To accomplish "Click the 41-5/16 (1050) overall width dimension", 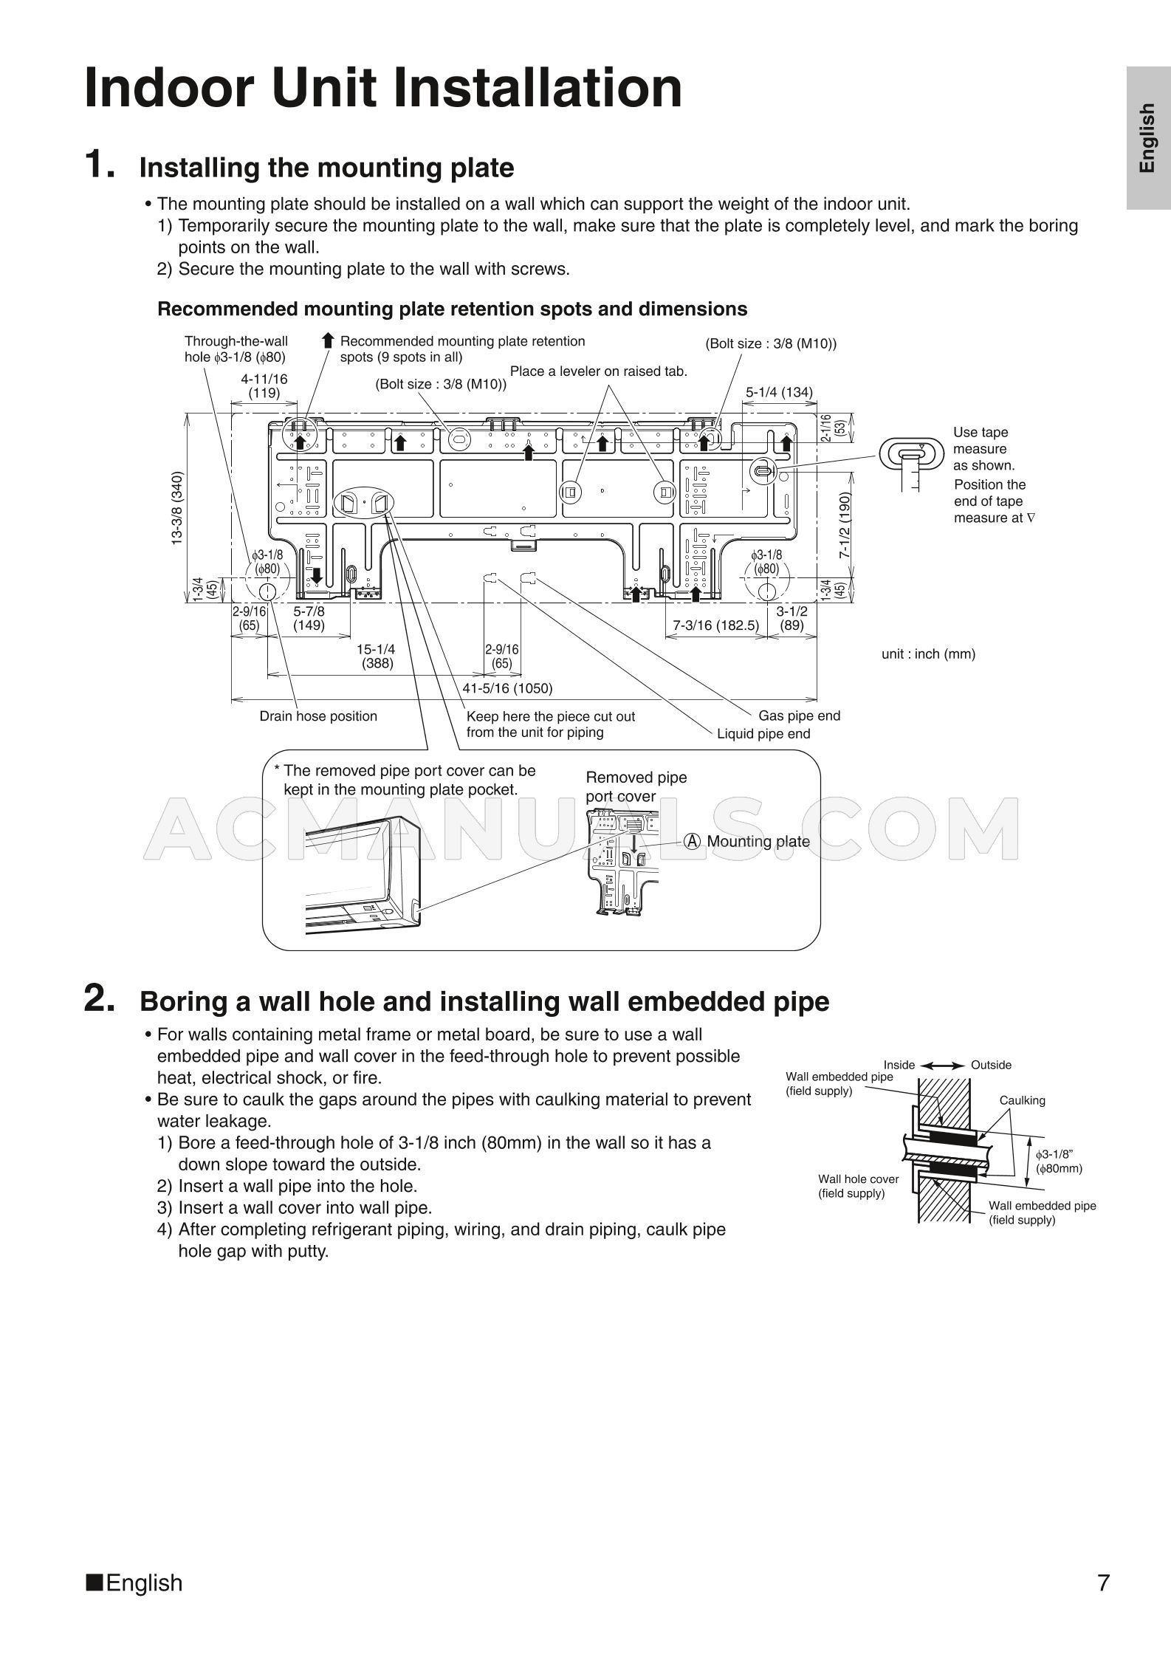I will (x=507, y=688).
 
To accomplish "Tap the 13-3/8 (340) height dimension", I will (x=177, y=508).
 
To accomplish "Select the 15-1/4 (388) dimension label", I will (x=376, y=656).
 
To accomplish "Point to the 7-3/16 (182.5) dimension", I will (x=715, y=625).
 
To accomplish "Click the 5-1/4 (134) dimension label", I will (x=779, y=392).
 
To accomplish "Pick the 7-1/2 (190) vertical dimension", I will (x=845, y=525).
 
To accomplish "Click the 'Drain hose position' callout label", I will (x=318, y=716).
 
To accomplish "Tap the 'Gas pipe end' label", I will (x=799, y=716).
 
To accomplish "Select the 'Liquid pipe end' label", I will (x=763, y=734).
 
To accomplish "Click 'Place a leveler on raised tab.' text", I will (x=599, y=371).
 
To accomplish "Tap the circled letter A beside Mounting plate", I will (x=692, y=841).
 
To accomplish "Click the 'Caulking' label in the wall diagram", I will (x=1022, y=1100).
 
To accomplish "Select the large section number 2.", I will (x=100, y=1000).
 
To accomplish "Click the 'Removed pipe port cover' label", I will (x=636, y=786).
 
